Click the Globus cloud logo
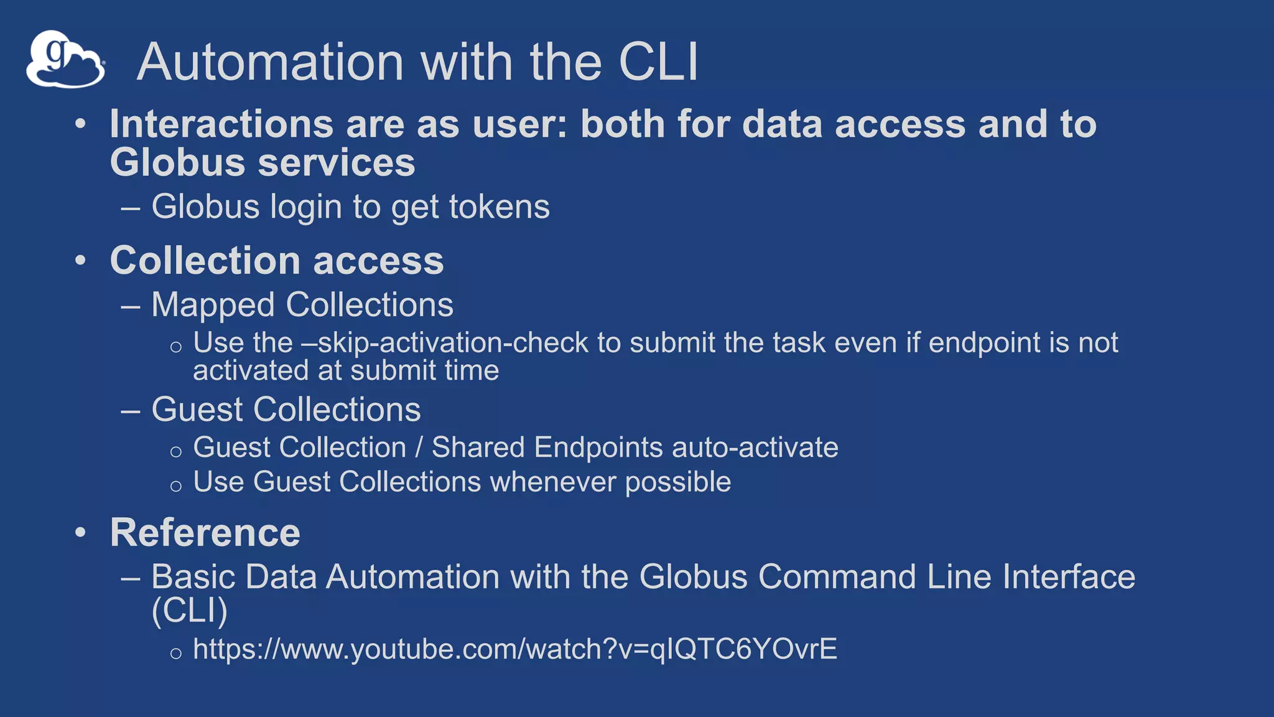coord(65,60)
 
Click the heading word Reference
coord(205,533)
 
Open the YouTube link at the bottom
coord(515,649)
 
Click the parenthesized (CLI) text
coord(190,610)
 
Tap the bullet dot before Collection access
coord(80,260)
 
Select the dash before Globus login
coord(131,208)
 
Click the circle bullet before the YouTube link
coord(176,653)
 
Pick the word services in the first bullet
coord(336,162)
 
